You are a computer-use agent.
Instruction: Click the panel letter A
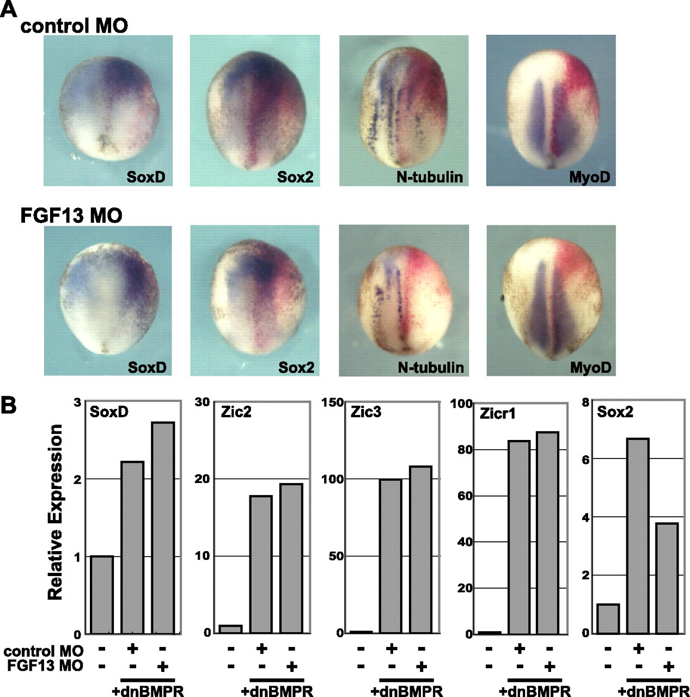9,9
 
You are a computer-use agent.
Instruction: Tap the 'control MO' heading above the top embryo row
74,26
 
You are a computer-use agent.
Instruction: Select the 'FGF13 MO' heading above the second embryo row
71,216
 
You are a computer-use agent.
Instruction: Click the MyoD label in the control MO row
590,177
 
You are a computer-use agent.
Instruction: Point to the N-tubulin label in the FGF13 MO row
431,368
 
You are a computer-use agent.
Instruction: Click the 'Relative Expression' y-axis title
55,512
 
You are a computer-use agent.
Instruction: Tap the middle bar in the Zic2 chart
261,564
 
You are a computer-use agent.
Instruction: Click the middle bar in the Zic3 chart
390,556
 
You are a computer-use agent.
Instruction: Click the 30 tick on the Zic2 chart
203,402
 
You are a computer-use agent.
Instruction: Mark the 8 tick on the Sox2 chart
585,402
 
